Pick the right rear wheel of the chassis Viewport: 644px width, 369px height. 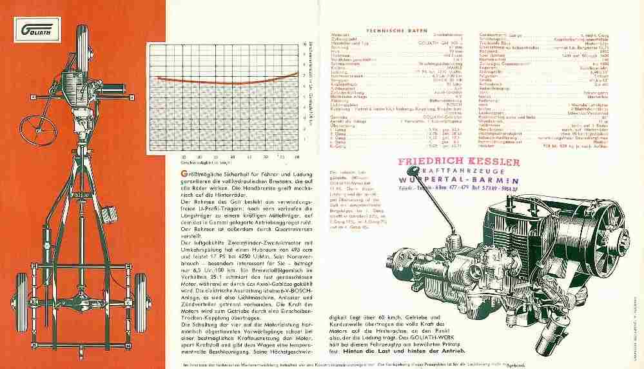click(x=140, y=292)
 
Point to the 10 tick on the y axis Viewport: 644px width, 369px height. click(x=304, y=43)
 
